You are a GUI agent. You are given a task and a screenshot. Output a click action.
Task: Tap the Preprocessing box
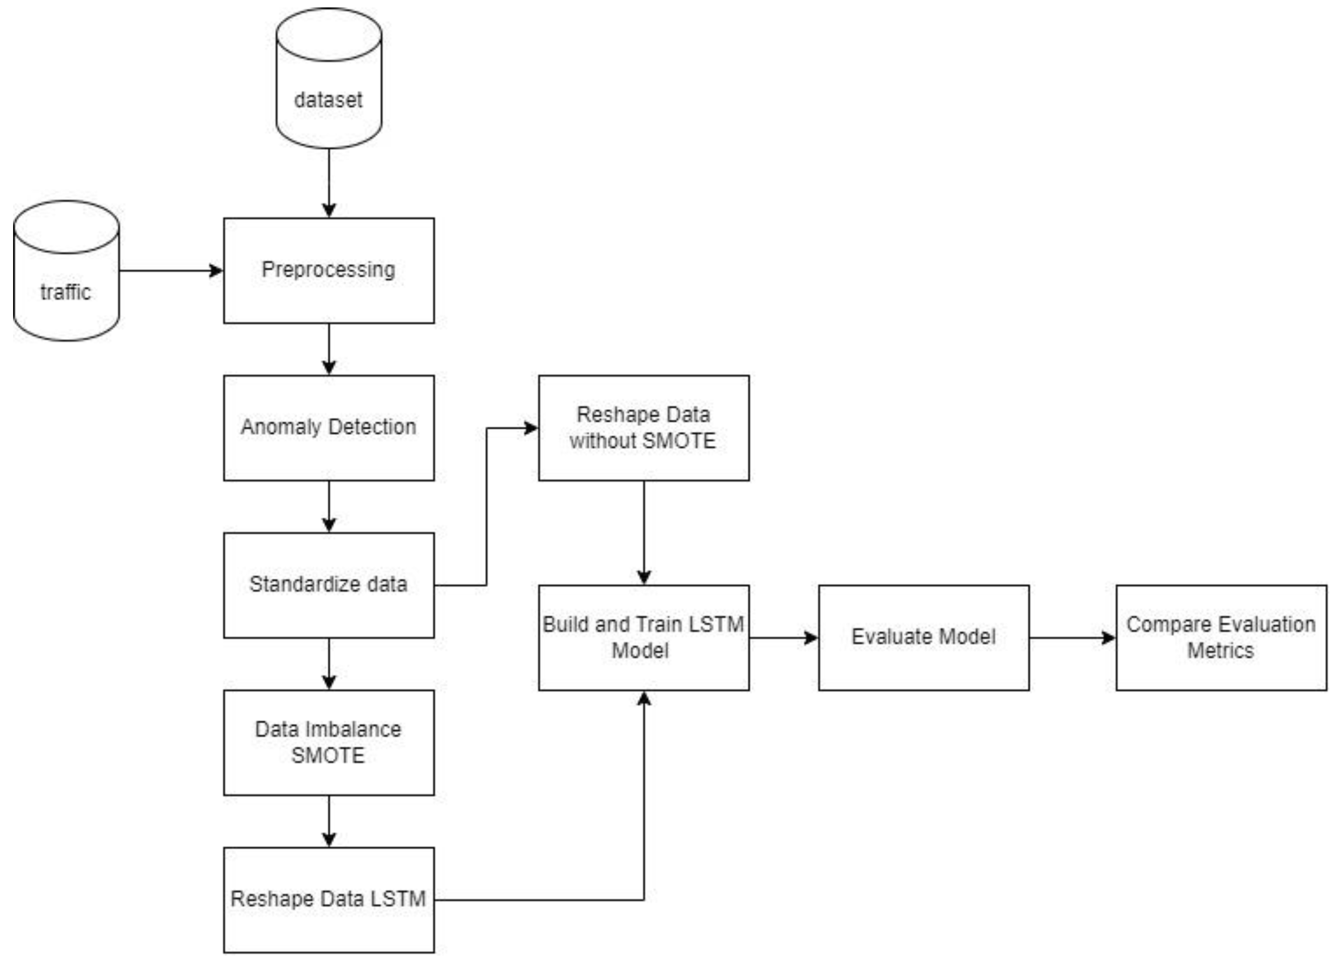point(328,271)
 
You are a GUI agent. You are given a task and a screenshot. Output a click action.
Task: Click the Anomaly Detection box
point(328,428)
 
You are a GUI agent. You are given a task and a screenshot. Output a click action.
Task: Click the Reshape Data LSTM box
point(328,900)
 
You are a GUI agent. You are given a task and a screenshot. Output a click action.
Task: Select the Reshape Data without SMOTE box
point(643,428)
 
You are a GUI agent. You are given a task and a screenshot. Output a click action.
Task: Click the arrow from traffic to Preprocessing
point(171,271)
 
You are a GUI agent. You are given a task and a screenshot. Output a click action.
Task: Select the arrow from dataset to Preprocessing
point(329,183)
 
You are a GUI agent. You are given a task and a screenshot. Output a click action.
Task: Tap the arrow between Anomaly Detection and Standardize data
point(329,506)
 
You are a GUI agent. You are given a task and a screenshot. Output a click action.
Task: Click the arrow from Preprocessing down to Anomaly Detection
point(329,349)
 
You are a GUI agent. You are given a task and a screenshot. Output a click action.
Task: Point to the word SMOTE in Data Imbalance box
point(328,756)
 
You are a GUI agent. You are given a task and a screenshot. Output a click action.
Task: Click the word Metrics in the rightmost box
point(1220,651)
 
